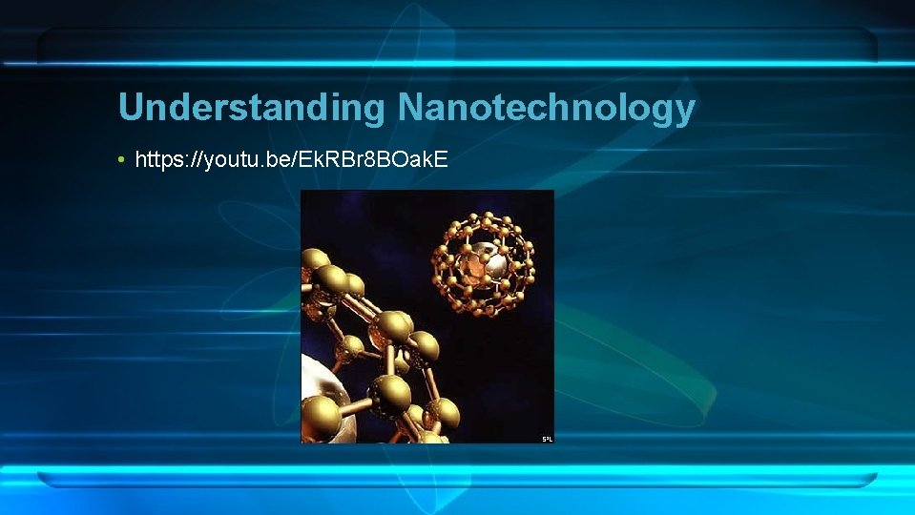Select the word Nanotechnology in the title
click(547, 108)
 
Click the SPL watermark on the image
click(547, 439)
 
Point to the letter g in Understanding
click(374, 111)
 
